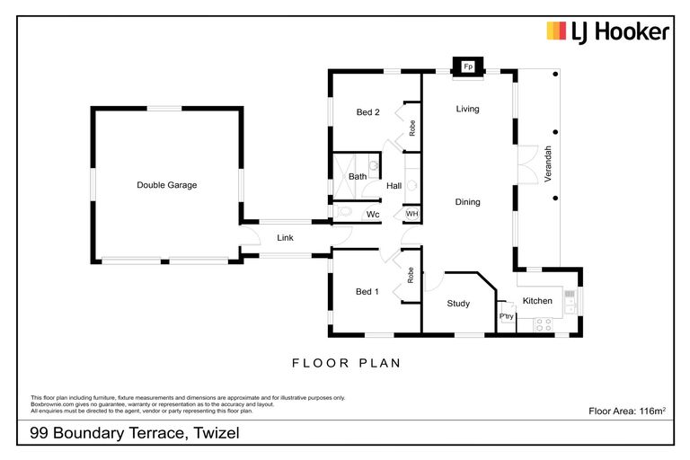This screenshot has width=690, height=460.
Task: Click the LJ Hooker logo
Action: click(608, 33)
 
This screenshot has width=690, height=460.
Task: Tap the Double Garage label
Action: click(166, 185)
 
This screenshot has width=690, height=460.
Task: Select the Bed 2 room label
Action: click(367, 112)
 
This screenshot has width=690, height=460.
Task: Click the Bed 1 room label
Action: click(367, 291)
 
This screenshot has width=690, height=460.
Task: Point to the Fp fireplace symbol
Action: click(468, 67)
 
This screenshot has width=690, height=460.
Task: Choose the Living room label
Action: click(467, 109)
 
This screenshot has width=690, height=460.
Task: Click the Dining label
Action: click(467, 202)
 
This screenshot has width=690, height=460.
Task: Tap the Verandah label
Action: click(545, 167)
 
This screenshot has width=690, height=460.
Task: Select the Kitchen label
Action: click(537, 301)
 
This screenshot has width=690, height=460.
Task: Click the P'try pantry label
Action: click(506, 317)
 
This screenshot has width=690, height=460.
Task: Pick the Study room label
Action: click(458, 304)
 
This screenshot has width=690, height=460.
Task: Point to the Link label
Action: click(285, 238)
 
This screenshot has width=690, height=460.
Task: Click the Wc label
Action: click(373, 215)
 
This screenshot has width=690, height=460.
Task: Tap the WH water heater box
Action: click(411, 214)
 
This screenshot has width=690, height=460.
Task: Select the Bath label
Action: click(358, 177)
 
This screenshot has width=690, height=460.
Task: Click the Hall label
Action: click(394, 186)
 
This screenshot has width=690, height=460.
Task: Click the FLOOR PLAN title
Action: click(345, 363)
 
